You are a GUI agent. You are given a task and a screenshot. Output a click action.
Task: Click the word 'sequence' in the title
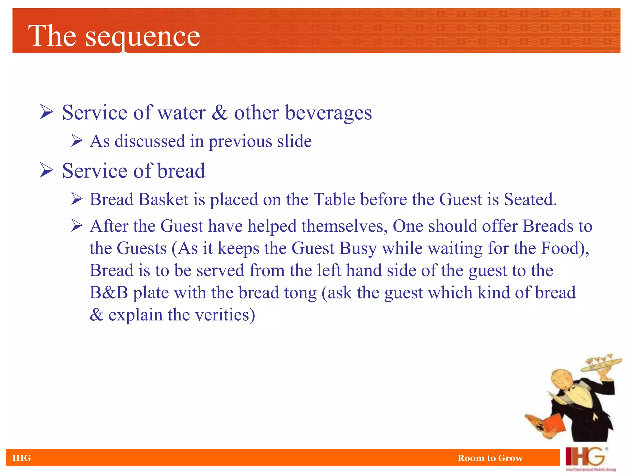[x=142, y=37]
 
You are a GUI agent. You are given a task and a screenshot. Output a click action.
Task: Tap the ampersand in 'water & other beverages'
[x=219, y=112]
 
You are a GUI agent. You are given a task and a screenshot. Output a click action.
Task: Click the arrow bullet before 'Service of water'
[x=47, y=112]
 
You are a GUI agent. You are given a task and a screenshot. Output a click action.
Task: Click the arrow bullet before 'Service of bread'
[x=47, y=170]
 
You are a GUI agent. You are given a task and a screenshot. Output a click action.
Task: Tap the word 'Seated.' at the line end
[x=530, y=199]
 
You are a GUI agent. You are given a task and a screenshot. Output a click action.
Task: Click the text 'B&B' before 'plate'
[x=109, y=293]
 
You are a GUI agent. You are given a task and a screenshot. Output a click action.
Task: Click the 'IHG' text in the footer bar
[x=22, y=458]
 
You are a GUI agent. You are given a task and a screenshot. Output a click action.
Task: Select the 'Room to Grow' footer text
[x=490, y=458]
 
